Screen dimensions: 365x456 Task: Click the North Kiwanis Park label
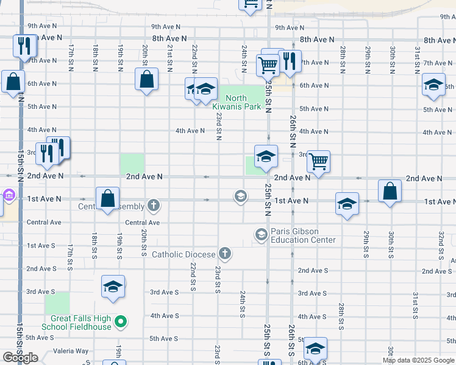coord(237,102)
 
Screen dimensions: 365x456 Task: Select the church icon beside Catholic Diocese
coord(225,253)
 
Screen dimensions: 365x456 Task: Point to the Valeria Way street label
coord(71,351)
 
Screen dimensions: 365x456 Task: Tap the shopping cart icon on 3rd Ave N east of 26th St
coord(318,161)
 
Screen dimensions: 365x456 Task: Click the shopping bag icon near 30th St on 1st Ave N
coord(390,190)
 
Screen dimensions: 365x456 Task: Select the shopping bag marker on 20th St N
coord(146,78)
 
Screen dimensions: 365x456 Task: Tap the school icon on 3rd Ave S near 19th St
coord(113,287)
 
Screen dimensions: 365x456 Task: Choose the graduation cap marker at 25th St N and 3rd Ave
coord(266,156)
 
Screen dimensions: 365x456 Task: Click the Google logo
coord(20,358)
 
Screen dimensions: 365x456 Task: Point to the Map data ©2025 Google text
coord(418,360)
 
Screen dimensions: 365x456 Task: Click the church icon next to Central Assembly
coord(154,206)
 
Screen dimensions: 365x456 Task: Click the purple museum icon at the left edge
coord(9,195)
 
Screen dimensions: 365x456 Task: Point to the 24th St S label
coord(243,304)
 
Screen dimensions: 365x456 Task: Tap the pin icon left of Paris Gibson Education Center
coord(262,235)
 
